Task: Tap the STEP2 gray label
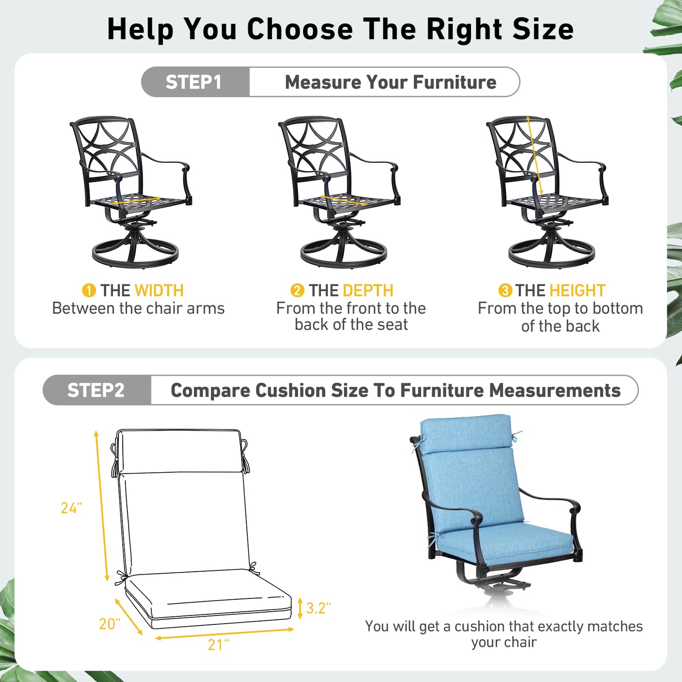(97, 390)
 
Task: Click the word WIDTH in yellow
(159, 290)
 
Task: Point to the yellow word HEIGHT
(577, 290)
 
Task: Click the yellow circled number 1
(89, 290)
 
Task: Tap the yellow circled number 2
(297, 290)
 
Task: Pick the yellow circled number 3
(505, 290)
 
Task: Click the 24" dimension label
(71, 508)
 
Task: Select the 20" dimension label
(109, 624)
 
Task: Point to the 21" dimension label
(218, 645)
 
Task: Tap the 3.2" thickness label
(318, 608)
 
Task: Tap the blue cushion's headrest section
(465, 434)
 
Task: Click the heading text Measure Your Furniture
(390, 82)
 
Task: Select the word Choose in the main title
(300, 29)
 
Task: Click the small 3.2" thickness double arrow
(300, 608)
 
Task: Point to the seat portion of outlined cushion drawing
(208, 597)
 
